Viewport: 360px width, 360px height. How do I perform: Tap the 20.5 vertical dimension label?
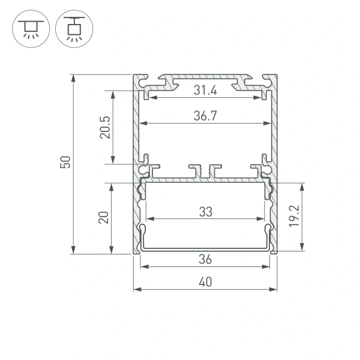pos(106,127)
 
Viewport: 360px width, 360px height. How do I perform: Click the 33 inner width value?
pos(205,211)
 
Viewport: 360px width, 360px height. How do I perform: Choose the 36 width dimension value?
pos(205,259)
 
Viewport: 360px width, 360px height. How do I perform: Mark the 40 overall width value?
pos(205,283)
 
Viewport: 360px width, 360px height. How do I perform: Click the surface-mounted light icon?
pos(28,29)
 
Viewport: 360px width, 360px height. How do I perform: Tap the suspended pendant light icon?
pos(73,29)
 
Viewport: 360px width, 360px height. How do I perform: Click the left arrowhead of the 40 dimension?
pos(136,289)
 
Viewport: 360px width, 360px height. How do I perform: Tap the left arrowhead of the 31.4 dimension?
pos(149,97)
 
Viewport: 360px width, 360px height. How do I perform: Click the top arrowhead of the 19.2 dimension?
pos(302,185)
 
